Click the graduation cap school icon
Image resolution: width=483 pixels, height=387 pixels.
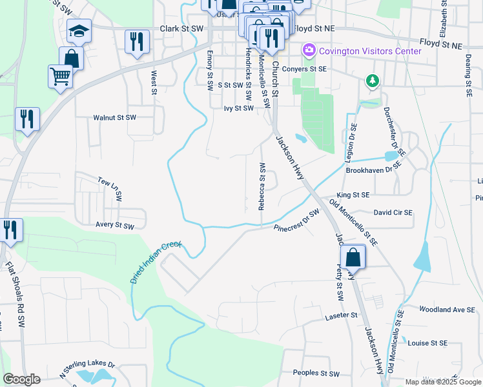(79, 31)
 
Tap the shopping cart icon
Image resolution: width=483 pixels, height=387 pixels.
(60, 76)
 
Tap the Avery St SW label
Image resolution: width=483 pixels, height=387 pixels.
(114, 226)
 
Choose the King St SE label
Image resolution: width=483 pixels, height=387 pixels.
(353, 195)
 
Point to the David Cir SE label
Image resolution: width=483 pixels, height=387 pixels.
(393, 212)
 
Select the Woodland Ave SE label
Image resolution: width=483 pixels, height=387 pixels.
(447, 310)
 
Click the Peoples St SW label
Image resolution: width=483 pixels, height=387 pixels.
(316, 373)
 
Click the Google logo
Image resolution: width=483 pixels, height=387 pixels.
(21, 379)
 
